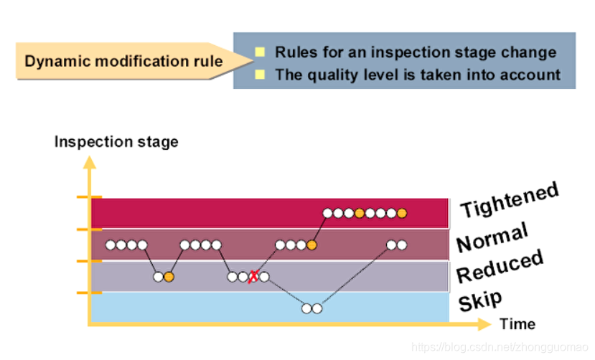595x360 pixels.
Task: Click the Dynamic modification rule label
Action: pos(123,61)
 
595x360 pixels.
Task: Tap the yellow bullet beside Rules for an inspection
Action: pos(261,52)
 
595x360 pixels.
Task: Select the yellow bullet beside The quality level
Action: pos(261,74)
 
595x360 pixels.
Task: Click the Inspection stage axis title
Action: pos(116,141)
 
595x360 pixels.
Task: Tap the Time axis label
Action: pos(517,324)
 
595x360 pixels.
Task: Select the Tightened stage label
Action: pos(509,200)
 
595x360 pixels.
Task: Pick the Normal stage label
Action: pos(492,237)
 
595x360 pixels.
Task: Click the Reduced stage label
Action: pos(500,266)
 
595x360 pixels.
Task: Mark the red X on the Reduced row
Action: pos(253,277)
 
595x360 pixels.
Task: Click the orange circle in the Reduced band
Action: pos(169,277)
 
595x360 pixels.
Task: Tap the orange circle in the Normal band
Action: pos(311,245)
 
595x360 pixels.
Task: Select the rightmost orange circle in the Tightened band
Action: pos(402,213)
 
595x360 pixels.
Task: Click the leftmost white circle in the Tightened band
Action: pos(327,213)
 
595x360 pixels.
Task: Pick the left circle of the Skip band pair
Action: pos(306,308)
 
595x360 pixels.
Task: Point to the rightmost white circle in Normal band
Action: pos(401,245)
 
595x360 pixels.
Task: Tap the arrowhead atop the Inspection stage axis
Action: pos(90,160)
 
